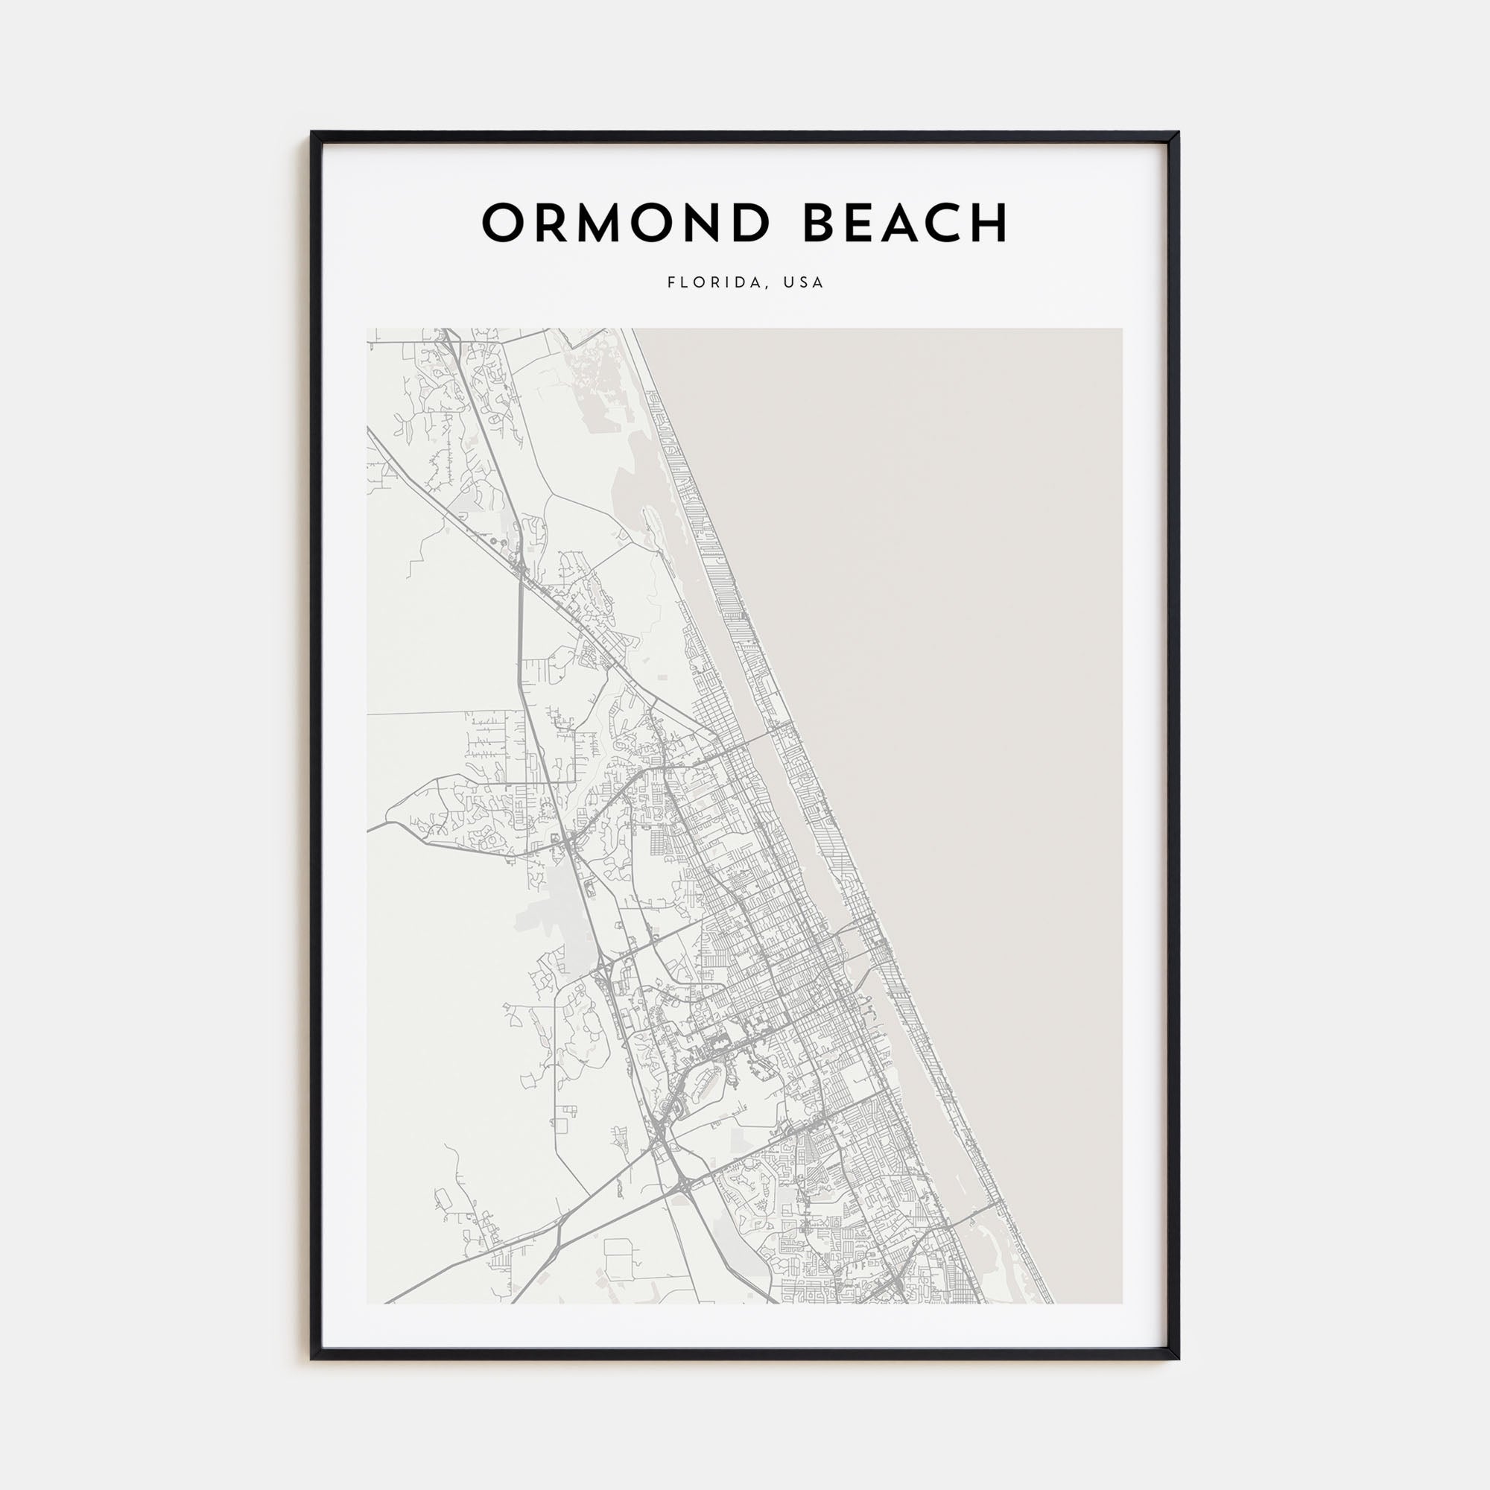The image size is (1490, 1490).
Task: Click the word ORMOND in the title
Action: (x=626, y=223)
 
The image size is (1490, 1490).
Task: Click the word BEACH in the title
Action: (x=905, y=223)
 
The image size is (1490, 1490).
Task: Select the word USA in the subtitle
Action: (x=804, y=282)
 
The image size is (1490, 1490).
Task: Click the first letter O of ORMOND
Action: (x=502, y=223)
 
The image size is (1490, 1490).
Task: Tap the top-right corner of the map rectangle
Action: (x=1122, y=329)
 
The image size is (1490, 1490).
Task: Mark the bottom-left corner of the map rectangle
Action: (x=367, y=1302)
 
